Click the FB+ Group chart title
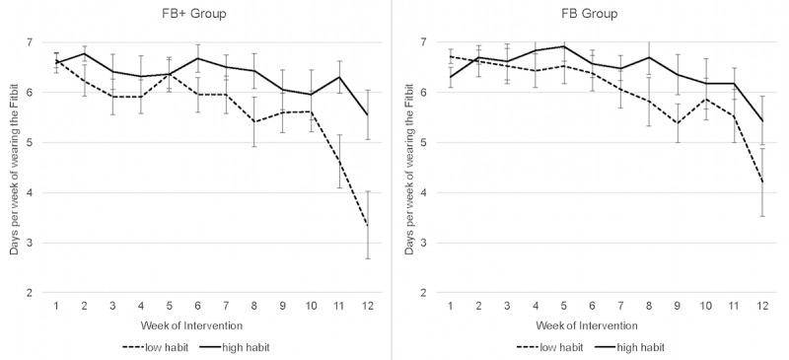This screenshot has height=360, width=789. (x=205, y=15)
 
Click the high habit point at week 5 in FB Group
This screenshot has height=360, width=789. (x=563, y=46)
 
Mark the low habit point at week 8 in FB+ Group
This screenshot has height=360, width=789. (x=254, y=122)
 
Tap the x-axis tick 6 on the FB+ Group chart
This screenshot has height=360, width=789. (x=197, y=307)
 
